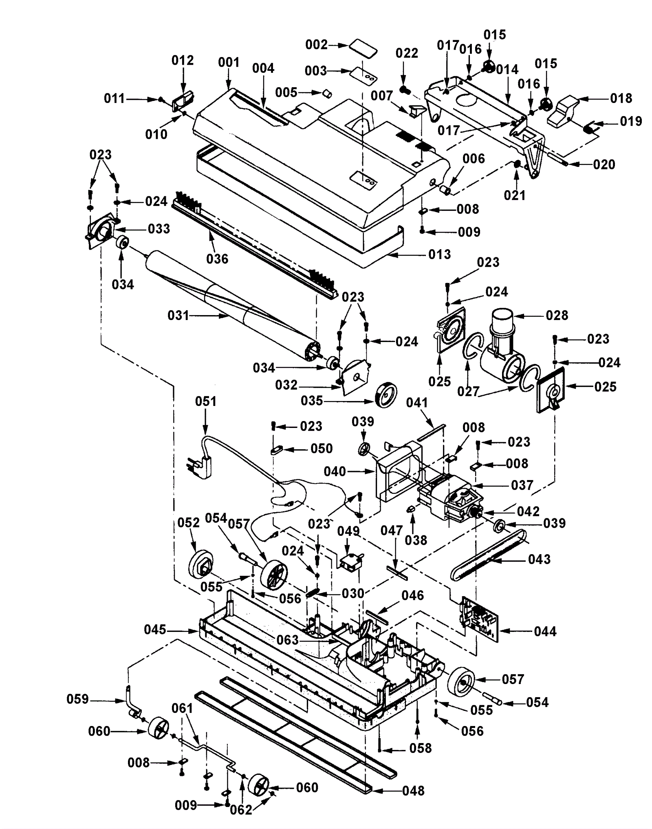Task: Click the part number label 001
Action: click(x=229, y=62)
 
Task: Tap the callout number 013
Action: click(x=439, y=254)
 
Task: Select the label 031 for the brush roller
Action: click(x=178, y=315)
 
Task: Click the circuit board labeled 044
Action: click(x=479, y=619)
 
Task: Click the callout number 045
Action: click(x=155, y=630)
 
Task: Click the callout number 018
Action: click(x=621, y=98)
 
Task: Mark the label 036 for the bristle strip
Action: click(x=217, y=259)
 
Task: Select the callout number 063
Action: click(x=288, y=640)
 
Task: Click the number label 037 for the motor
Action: click(x=522, y=485)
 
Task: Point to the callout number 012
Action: click(x=182, y=60)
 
